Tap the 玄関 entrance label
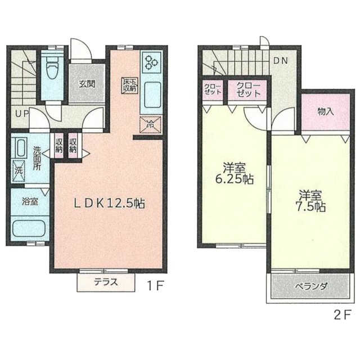click(x=87, y=84)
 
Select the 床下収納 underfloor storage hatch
click(x=130, y=85)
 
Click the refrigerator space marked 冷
click(x=151, y=124)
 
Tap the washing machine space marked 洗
click(x=19, y=171)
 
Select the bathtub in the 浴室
click(x=29, y=228)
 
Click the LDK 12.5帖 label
click(x=109, y=204)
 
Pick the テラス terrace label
click(x=106, y=282)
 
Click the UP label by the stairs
click(x=22, y=114)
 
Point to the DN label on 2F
click(x=281, y=61)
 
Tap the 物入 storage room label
click(x=326, y=111)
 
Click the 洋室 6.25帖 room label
click(x=234, y=173)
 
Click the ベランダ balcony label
click(x=311, y=287)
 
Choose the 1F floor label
click(x=155, y=286)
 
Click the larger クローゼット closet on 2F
click(x=247, y=90)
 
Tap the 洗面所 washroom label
click(x=37, y=158)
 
